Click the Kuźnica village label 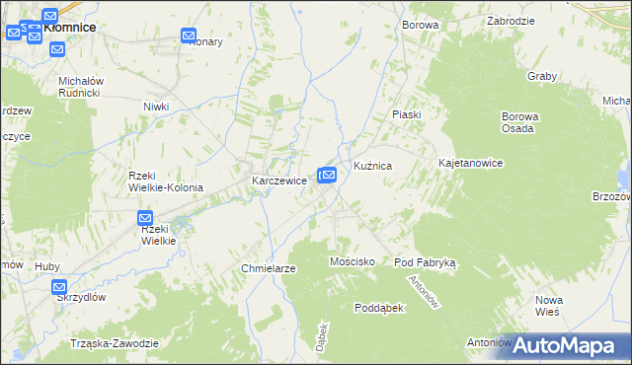coord(373,168)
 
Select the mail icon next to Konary coord(190,36)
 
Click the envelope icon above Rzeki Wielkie coord(145,218)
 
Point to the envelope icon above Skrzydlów coord(58,287)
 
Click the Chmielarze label coord(270,268)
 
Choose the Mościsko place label coord(351,261)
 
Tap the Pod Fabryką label coord(424,262)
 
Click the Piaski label coord(406,114)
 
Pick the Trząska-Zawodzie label coord(115,342)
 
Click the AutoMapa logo coord(569,344)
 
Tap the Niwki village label coord(156,107)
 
